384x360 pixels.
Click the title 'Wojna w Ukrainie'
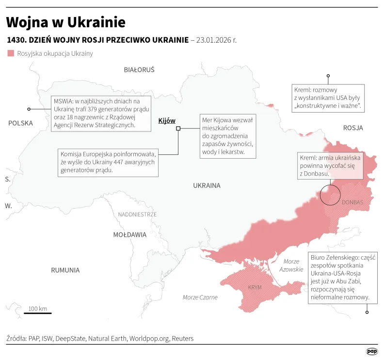click(x=66, y=22)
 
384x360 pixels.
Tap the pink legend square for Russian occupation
click(x=11, y=53)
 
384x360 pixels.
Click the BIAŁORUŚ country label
click(x=139, y=70)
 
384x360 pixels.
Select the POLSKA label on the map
click(x=20, y=123)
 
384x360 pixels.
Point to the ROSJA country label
click(x=352, y=128)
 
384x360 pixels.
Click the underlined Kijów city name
click(x=167, y=121)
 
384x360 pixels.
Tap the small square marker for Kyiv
click(x=178, y=128)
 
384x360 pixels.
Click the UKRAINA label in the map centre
click(x=207, y=185)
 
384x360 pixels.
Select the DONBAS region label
click(x=352, y=202)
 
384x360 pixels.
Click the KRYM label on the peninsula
click(x=255, y=287)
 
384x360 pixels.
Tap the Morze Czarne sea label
click(x=200, y=297)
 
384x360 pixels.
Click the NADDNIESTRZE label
click(x=137, y=214)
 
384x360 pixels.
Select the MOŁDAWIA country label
click(x=129, y=235)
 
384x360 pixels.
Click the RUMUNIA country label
click(x=65, y=270)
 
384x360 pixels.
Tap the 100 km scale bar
click(x=37, y=313)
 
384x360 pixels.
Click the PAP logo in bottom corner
click(x=371, y=351)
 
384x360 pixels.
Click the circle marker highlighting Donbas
click(x=331, y=195)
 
